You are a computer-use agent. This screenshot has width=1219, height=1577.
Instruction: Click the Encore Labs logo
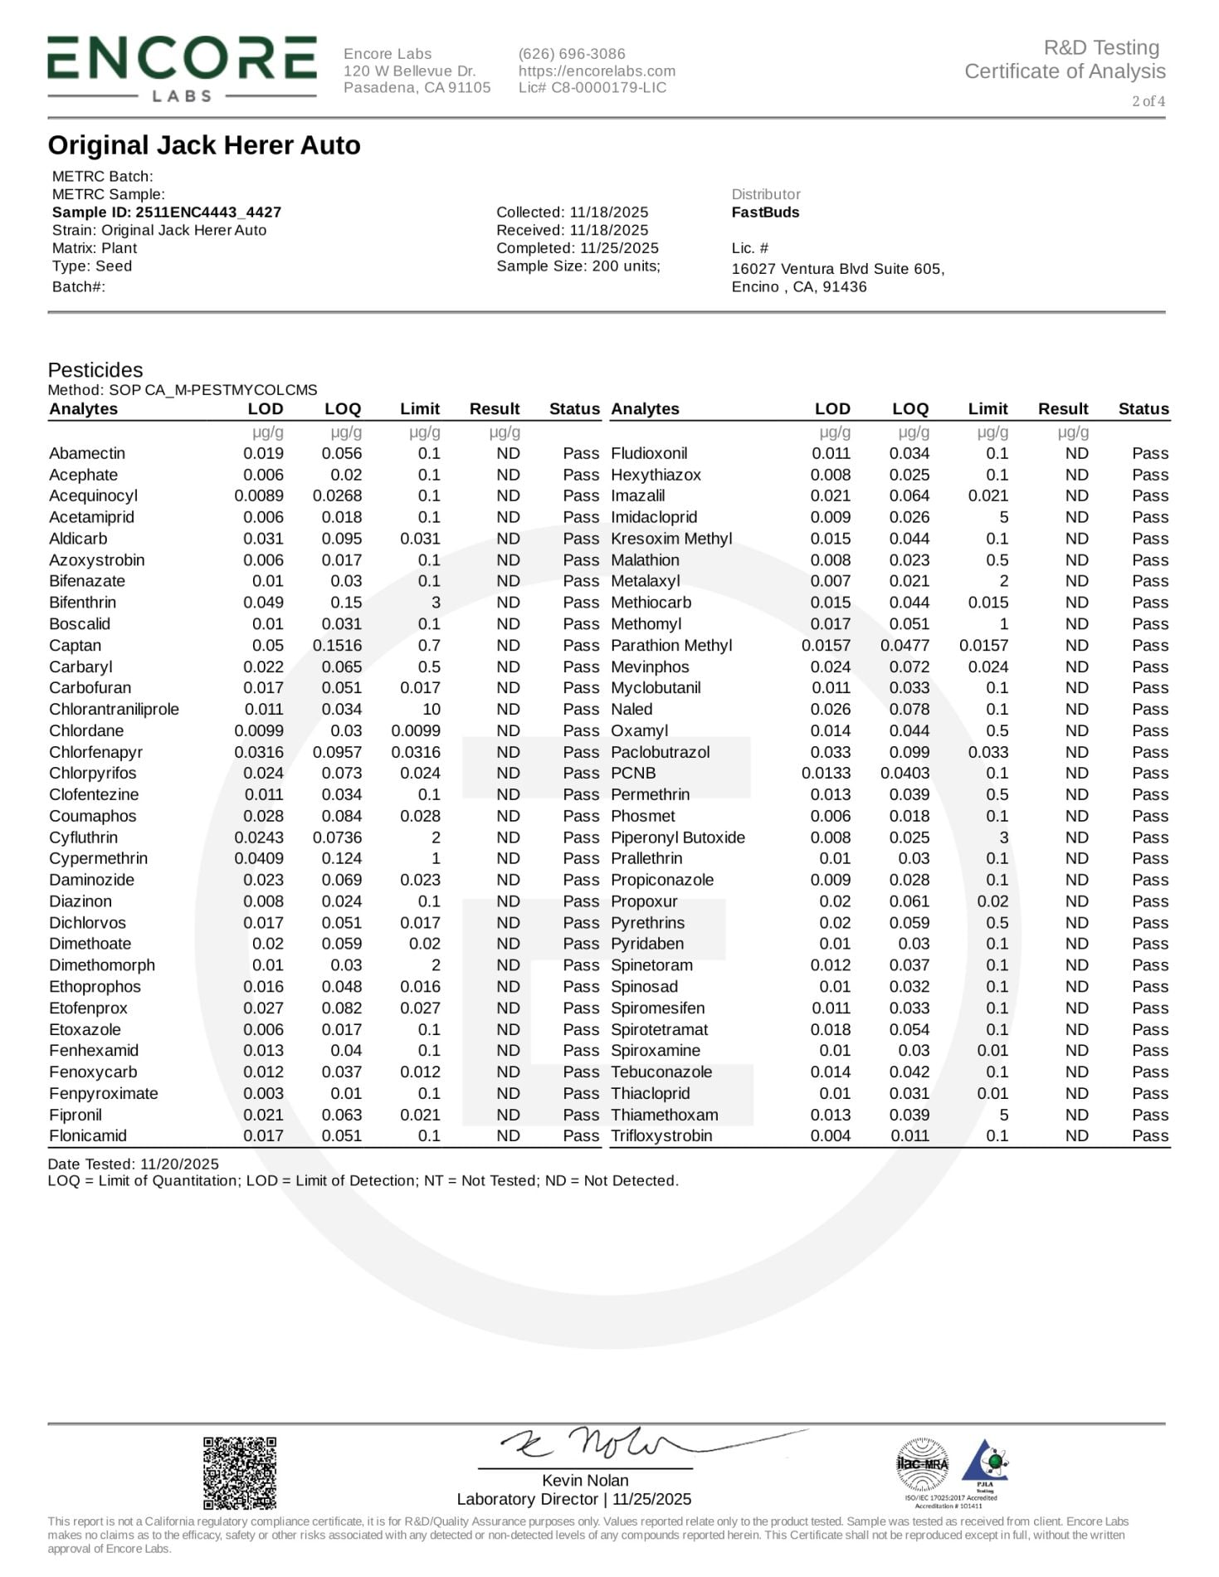[x=182, y=68]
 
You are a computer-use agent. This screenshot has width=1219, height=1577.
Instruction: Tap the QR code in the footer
[x=240, y=1472]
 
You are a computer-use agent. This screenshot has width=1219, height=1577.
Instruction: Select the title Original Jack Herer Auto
[x=204, y=145]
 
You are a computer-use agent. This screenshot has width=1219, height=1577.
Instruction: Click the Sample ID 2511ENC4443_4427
[x=167, y=212]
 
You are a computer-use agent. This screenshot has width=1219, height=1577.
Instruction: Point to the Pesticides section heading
[x=95, y=370]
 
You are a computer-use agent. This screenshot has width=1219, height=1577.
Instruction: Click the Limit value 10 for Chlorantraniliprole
[x=431, y=710]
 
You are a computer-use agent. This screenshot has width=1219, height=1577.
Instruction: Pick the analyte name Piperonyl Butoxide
[x=678, y=837]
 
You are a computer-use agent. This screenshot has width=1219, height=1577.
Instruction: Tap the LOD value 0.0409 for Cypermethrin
[x=259, y=858]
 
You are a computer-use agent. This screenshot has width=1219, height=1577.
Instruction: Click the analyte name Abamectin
[x=87, y=453]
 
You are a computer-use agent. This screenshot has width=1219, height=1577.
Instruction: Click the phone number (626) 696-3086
[x=572, y=54]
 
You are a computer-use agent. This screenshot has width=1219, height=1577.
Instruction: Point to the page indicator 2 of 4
[x=1148, y=101]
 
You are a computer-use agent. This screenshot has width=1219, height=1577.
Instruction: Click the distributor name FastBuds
[x=765, y=212]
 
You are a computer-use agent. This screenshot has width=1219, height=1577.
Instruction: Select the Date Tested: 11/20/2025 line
[x=134, y=1164]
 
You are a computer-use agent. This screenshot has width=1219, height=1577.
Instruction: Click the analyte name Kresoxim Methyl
[x=671, y=539]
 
